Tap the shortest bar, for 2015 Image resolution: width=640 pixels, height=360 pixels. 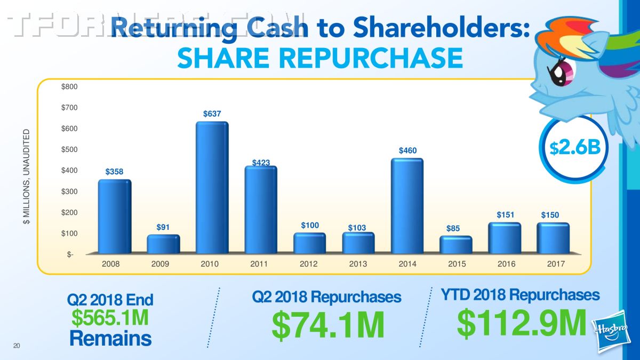[456, 245]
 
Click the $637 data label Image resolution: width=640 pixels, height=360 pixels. [212, 114]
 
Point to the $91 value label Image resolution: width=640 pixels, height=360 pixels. [163, 227]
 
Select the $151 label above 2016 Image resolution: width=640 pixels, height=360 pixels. [505, 215]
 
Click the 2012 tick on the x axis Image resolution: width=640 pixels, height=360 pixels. [309, 264]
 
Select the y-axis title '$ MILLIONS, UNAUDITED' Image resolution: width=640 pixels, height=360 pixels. [27, 176]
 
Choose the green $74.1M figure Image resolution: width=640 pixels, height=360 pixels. [327, 325]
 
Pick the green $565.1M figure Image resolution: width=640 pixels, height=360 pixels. [110, 318]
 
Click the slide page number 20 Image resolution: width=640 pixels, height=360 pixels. [17, 347]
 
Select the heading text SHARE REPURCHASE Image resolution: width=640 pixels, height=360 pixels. [319, 58]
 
